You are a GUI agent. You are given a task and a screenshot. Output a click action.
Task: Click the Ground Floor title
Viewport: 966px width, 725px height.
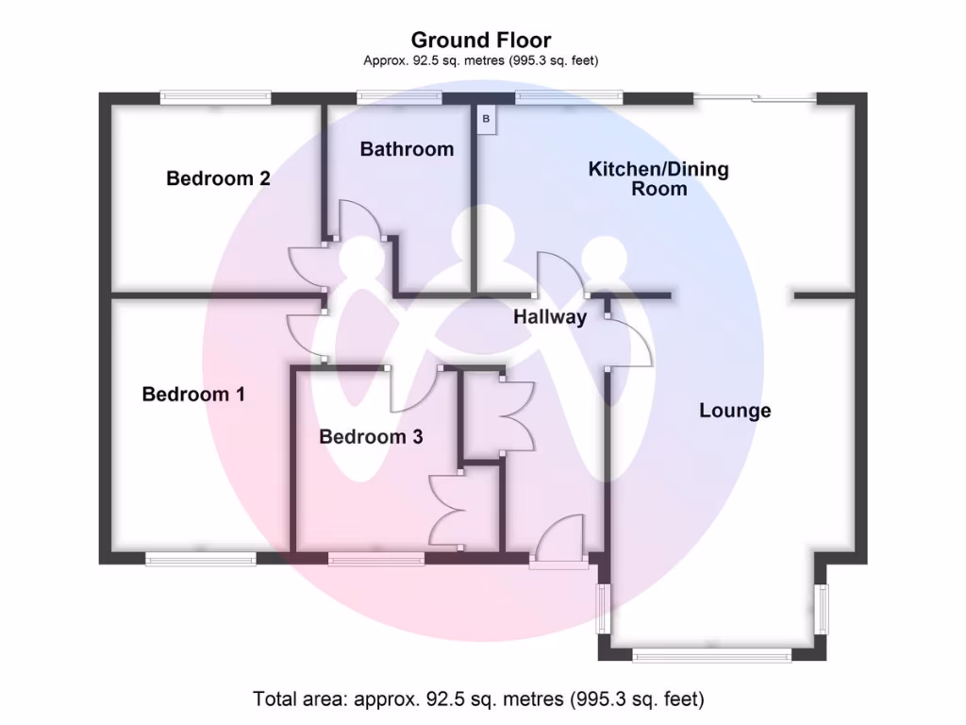(x=481, y=40)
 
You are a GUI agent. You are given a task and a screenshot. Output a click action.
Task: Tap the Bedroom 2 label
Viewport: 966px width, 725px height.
(x=218, y=178)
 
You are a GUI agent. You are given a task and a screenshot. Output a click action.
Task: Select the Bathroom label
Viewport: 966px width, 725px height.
(x=407, y=149)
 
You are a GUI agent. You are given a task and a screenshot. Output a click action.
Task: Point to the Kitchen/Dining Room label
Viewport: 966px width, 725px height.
(x=658, y=178)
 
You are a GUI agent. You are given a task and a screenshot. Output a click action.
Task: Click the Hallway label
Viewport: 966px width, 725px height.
(x=550, y=317)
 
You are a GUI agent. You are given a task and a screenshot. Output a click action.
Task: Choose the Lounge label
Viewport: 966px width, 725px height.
(x=735, y=411)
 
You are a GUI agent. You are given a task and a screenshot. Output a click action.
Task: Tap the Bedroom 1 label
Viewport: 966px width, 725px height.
(x=193, y=395)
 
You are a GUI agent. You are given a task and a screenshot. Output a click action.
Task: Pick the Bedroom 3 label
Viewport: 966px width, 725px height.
(x=371, y=437)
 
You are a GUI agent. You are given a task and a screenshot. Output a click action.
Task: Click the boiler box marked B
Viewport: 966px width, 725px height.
(x=487, y=120)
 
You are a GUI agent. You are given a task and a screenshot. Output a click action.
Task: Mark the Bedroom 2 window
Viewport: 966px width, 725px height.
(x=216, y=96)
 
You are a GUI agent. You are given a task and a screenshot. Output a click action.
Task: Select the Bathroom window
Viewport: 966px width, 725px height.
(x=399, y=96)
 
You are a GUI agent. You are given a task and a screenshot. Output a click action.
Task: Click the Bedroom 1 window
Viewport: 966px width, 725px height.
(x=201, y=559)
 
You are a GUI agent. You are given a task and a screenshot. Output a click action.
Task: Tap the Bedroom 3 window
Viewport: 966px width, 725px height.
(x=376, y=559)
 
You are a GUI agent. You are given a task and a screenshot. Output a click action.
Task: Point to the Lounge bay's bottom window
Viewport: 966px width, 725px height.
(x=711, y=655)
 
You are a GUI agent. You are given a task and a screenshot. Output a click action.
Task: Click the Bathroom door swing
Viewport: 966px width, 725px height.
(x=359, y=221)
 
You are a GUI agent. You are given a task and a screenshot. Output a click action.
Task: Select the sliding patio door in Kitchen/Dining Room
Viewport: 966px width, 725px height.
(x=755, y=96)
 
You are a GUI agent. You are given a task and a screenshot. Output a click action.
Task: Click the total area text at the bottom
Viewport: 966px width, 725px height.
(x=478, y=700)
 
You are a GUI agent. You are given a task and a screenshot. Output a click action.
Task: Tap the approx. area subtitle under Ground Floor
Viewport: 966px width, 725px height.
(x=481, y=60)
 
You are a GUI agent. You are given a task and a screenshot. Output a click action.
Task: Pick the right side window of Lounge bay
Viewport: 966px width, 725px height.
(x=823, y=610)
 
